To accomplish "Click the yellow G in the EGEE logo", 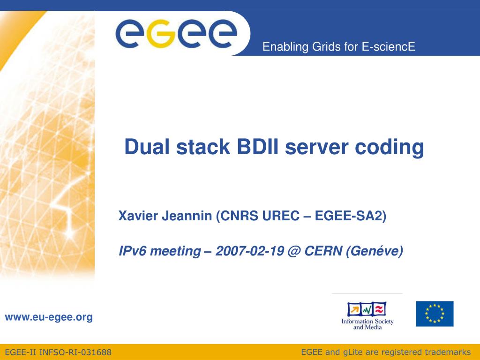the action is pos(161,34).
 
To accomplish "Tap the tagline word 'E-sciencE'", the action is pos(389,46).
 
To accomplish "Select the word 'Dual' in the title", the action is pos(147,147).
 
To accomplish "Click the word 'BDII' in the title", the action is pos(258,147).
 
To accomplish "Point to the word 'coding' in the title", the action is pos(390,148).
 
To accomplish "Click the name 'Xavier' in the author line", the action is pos(139,216).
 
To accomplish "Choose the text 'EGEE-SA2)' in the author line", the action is pos(351,216).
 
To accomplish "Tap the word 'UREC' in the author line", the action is pos(281,216).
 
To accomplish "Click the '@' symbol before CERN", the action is pos(294,251).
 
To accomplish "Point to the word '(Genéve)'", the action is pos(375,251).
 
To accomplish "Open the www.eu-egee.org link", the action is pos(49,317).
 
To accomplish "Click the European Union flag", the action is pos(435,314).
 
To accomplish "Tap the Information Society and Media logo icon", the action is pos(367,309).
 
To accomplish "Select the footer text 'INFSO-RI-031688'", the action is pos(75,352).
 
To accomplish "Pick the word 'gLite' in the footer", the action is pos(356,352).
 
